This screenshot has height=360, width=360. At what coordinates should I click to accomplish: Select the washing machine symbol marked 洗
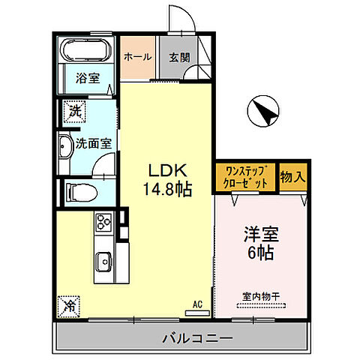[74, 110]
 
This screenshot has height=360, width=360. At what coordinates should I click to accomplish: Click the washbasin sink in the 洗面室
[65, 146]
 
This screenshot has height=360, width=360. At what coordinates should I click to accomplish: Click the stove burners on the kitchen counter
[103, 223]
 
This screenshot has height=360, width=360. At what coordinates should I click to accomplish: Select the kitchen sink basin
[103, 262]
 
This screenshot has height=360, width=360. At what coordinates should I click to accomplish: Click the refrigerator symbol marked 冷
[67, 306]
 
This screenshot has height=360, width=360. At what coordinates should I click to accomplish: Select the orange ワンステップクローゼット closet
[245, 178]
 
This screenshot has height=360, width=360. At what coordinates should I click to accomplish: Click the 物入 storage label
[293, 177]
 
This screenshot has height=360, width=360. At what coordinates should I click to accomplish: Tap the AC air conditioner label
[199, 304]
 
